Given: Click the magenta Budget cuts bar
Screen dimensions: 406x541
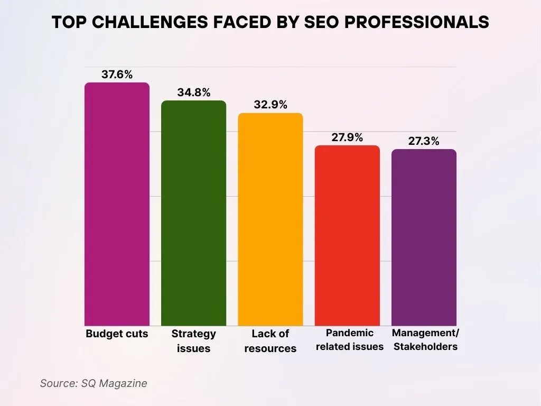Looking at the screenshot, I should (x=117, y=204).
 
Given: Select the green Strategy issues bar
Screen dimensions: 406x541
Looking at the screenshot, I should (x=193, y=213).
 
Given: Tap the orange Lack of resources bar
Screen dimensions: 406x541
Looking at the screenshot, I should (x=270, y=219).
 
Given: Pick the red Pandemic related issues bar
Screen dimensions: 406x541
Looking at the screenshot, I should (x=347, y=235).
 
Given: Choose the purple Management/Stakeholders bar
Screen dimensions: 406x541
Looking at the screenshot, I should (x=424, y=237).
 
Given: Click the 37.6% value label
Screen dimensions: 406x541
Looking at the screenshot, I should (x=117, y=75).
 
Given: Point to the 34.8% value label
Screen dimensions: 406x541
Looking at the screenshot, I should (x=193, y=93).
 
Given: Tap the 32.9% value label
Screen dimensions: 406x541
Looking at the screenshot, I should (x=270, y=105).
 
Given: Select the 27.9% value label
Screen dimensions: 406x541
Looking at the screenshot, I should (x=347, y=137).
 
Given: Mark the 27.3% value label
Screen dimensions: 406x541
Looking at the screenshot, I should (x=424, y=141).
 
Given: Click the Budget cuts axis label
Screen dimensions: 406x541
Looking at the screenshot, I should (x=117, y=334).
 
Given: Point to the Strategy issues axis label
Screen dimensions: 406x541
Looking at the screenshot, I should (x=193, y=341).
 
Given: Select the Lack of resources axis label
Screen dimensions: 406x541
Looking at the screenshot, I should (x=270, y=341).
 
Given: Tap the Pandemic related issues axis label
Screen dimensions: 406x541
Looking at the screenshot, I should (x=349, y=340).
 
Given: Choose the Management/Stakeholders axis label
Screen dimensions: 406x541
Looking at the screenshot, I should (x=425, y=340).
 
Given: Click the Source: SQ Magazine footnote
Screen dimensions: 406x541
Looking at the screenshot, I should (x=94, y=383).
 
